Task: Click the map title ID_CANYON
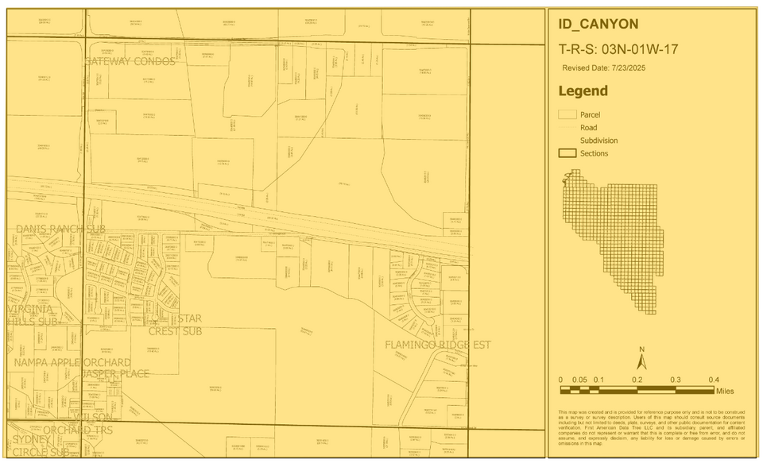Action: [598, 24]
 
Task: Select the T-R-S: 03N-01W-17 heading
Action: [618, 49]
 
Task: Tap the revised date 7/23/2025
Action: [604, 68]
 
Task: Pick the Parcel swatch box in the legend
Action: [567, 114]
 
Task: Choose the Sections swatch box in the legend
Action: [567, 153]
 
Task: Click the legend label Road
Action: [588, 127]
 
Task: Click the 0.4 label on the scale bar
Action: [714, 380]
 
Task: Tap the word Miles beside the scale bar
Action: [724, 391]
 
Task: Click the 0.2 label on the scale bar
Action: [637, 380]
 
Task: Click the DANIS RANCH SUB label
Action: [60, 229]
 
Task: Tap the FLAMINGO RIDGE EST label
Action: [437, 345]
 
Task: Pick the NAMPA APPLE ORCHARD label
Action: [72, 362]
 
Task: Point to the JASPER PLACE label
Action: [116, 373]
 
